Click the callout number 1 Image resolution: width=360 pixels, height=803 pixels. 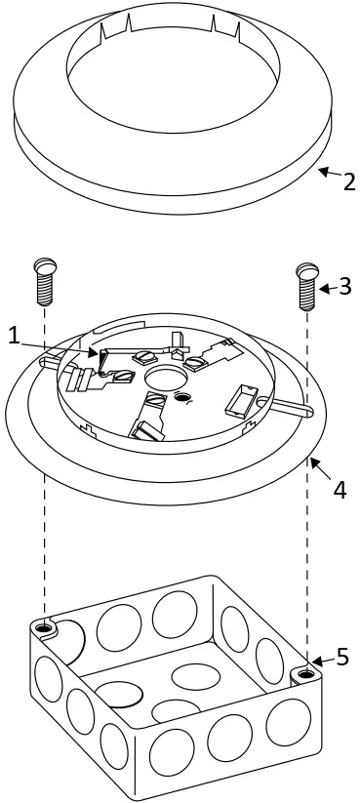[x=14, y=335]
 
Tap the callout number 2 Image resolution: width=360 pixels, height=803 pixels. [x=348, y=181]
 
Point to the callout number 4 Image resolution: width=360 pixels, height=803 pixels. [x=340, y=488]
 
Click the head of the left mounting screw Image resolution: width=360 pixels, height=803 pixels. [x=45, y=265]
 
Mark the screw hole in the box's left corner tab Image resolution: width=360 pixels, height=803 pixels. [x=43, y=625]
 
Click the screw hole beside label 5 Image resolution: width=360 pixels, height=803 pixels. [x=306, y=673]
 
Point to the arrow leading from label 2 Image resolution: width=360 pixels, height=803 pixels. [x=329, y=176]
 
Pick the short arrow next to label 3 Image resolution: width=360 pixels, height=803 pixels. [x=327, y=287]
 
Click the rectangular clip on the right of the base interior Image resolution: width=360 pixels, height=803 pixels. [x=243, y=399]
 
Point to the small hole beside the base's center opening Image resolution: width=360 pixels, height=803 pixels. [x=182, y=397]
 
